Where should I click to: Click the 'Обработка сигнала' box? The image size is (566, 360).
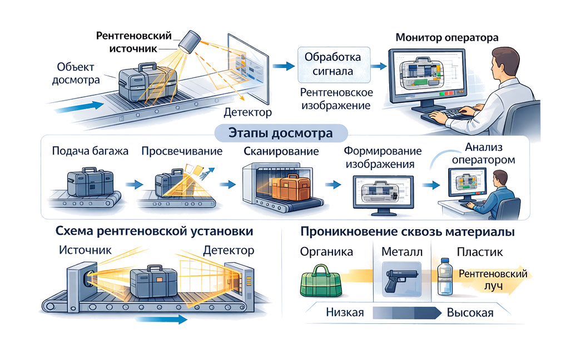pos(333,65)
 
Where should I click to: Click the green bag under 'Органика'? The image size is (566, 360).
pos(321,279)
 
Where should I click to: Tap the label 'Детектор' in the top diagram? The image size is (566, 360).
pos(247,113)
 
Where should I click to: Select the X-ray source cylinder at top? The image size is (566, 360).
pos(191,42)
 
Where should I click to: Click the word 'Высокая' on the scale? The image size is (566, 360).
pos(470,313)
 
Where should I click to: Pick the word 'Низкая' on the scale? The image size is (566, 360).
pos(345,313)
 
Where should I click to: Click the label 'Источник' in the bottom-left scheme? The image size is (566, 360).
pos(85,250)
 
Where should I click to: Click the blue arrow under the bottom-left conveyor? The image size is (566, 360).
pos(161,319)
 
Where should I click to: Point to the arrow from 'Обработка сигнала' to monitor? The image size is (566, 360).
pos(378,66)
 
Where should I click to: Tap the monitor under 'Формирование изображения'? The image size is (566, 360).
pos(381,194)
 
